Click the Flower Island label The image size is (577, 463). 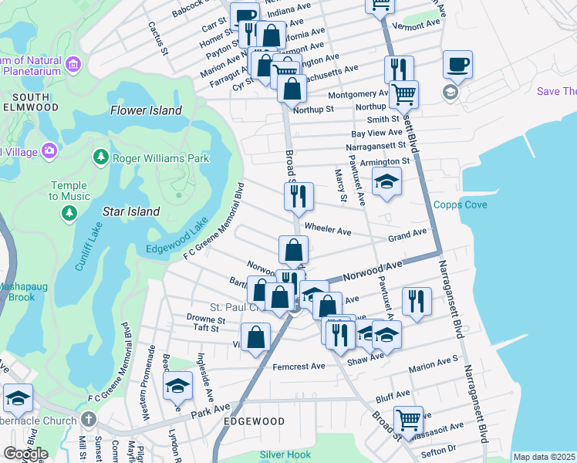click(x=146, y=110)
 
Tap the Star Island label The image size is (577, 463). click(x=131, y=211)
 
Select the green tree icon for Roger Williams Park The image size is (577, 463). click(x=100, y=158)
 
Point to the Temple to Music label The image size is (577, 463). click(x=69, y=191)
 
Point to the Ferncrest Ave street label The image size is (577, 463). click(x=299, y=367)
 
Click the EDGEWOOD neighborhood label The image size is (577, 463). click(x=253, y=421)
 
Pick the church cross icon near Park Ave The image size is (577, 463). click(x=89, y=420)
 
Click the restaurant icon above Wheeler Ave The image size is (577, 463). click(x=298, y=196)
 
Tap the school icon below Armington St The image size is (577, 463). click(x=387, y=183)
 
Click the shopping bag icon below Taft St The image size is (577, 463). click(x=255, y=337)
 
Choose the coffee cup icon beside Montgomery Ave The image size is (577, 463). click(x=457, y=64)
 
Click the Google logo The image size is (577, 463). click(x=25, y=454)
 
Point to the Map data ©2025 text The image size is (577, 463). click(x=544, y=457)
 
